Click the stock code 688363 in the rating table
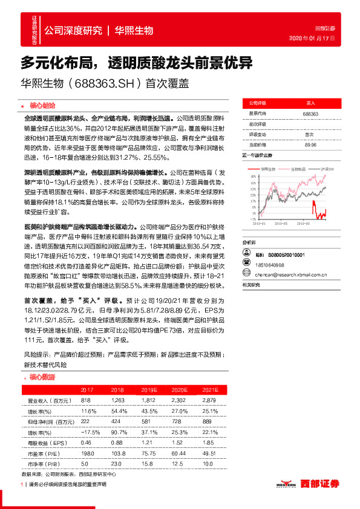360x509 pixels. click(x=310, y=114)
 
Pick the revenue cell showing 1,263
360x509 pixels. click(x=117, y=401)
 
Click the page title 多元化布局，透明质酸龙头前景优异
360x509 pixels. click(x=136, y=62)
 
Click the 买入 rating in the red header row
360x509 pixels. click(x=310, y=104)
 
